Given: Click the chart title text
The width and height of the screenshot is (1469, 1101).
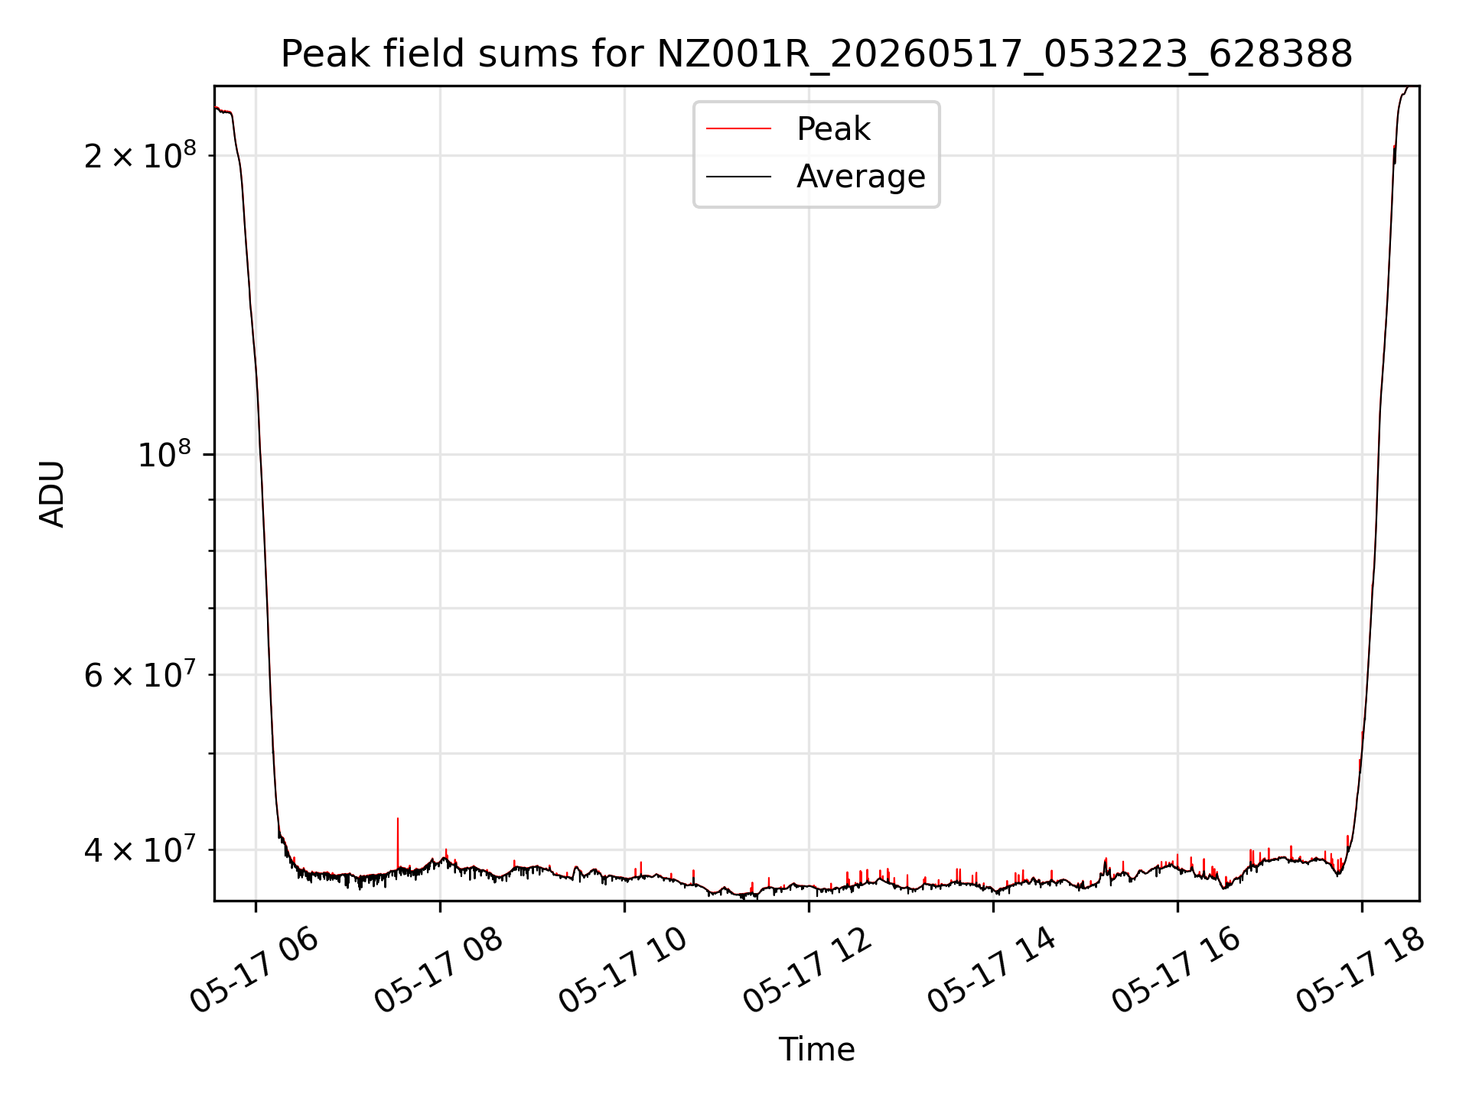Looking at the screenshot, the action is click(816, 54).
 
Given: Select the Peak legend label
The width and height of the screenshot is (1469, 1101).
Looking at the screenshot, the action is click(833, 128).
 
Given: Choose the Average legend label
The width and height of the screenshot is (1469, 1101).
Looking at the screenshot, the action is click(861, 177).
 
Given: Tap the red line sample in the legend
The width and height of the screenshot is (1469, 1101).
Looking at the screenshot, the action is click(738, 128).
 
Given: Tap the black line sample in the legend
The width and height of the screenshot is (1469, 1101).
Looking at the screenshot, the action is click(738, 177).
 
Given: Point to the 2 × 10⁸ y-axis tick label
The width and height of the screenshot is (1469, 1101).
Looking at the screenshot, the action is click(140, 155).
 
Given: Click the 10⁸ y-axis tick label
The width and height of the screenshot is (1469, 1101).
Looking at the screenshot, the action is click(164, 455).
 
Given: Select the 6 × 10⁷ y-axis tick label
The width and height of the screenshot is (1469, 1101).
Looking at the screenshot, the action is click(140, 674).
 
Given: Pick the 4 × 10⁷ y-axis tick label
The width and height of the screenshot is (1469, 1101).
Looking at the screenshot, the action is click(140, 849).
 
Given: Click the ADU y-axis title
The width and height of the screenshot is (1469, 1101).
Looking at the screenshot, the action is click(52, 493).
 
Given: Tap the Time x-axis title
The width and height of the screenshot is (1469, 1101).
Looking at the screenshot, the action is click(816, 1050).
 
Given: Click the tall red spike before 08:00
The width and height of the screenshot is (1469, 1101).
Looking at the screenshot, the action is click(398, 843).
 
